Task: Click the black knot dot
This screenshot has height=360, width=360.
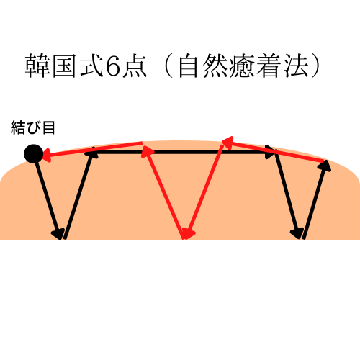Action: click(34, 154)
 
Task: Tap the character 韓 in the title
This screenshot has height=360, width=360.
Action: click(37, 66)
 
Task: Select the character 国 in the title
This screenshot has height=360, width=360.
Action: click(64, 66)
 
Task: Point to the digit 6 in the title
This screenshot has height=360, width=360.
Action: click(112, 66)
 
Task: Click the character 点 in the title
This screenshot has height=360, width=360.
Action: click(135, 66)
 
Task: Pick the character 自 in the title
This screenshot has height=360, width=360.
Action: click(189, 66)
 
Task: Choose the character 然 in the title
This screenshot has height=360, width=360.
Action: click(215, 66)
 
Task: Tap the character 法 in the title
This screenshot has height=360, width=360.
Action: click(296, 66)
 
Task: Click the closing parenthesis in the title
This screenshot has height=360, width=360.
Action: click(315, 66)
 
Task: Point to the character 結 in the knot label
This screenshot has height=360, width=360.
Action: click(18, 127)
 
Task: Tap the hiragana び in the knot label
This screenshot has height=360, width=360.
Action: click(33, 127)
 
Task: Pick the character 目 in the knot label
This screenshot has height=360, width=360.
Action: click(49, 127)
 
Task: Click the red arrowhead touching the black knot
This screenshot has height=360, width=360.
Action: click(47, 155)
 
